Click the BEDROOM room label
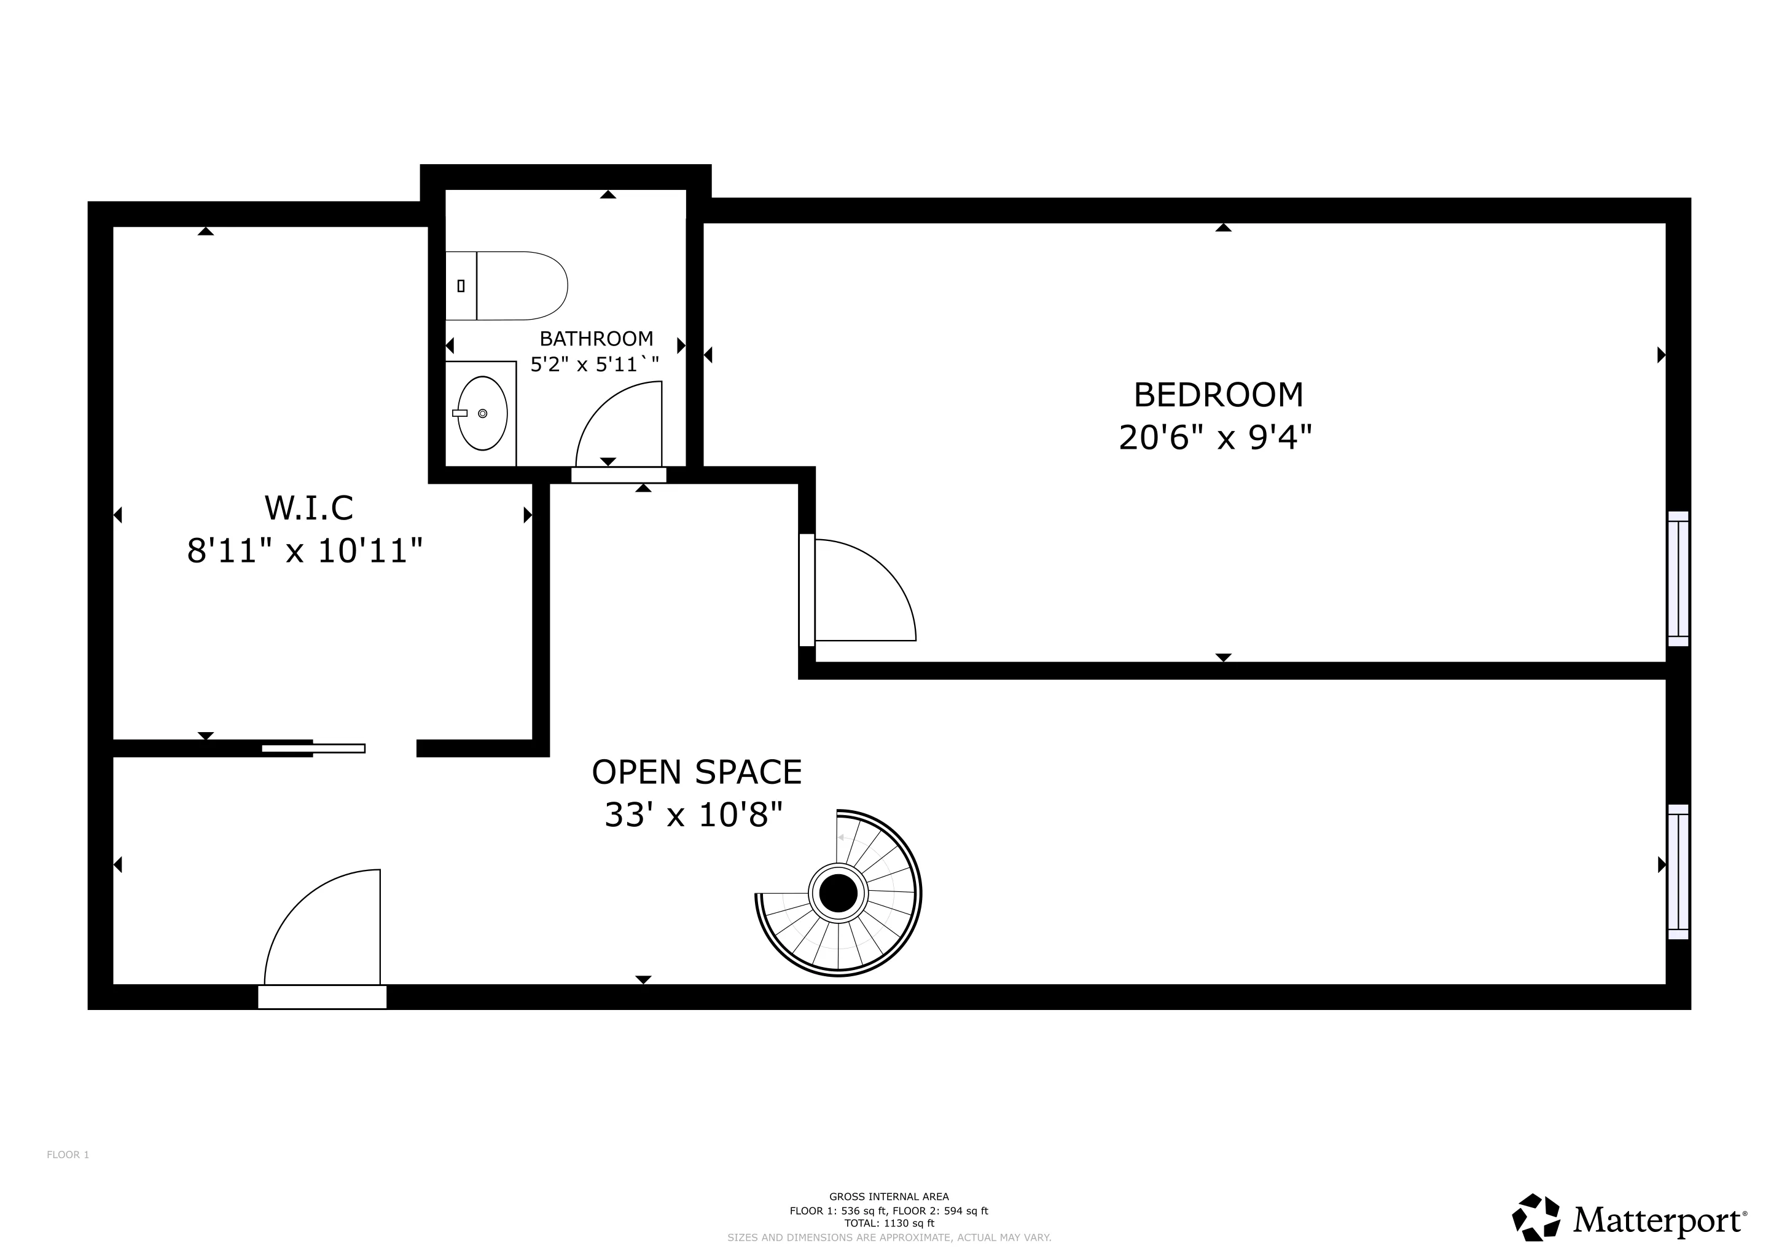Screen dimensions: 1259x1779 tap(1218, 395)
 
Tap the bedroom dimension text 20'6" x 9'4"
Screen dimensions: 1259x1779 tap(1215, 439)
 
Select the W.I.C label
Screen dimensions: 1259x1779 tap(308, 508)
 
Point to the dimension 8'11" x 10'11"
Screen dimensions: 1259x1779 tap(305, 552)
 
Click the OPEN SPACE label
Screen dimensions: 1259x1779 tap(697, 772)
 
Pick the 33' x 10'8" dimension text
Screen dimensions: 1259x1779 tap(694, 816)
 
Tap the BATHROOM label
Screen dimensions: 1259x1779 tap(596, 339)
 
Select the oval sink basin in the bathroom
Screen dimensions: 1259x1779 tap(482, 414)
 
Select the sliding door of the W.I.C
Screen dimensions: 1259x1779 tap(313, 748)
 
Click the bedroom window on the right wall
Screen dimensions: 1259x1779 tap(1678, 578)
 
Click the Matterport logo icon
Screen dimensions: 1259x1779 tap(1536, 1217)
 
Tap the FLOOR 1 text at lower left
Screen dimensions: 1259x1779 tap(68, 1155)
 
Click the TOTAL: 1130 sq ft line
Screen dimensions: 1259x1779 tap(889, 1223)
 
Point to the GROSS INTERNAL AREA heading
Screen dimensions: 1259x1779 tap(889, 1197)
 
